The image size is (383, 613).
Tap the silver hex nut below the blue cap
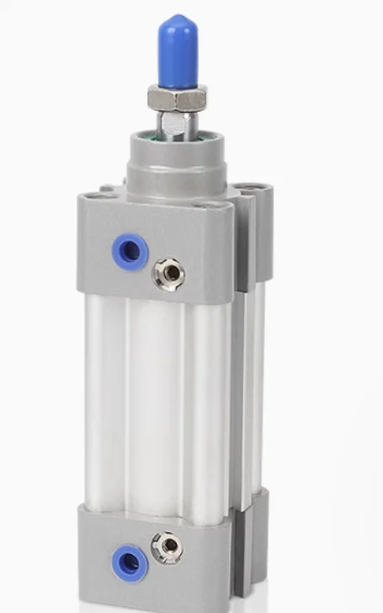pyautogui.click(x=177, y=99)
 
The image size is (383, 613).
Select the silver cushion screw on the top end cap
pyautogui.click(x=169, y=274)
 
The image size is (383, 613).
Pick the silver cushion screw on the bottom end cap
pyautogui.click(x=168, y=547)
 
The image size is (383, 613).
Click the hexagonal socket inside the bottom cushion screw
pyautogui.click(x=168, y=547)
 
